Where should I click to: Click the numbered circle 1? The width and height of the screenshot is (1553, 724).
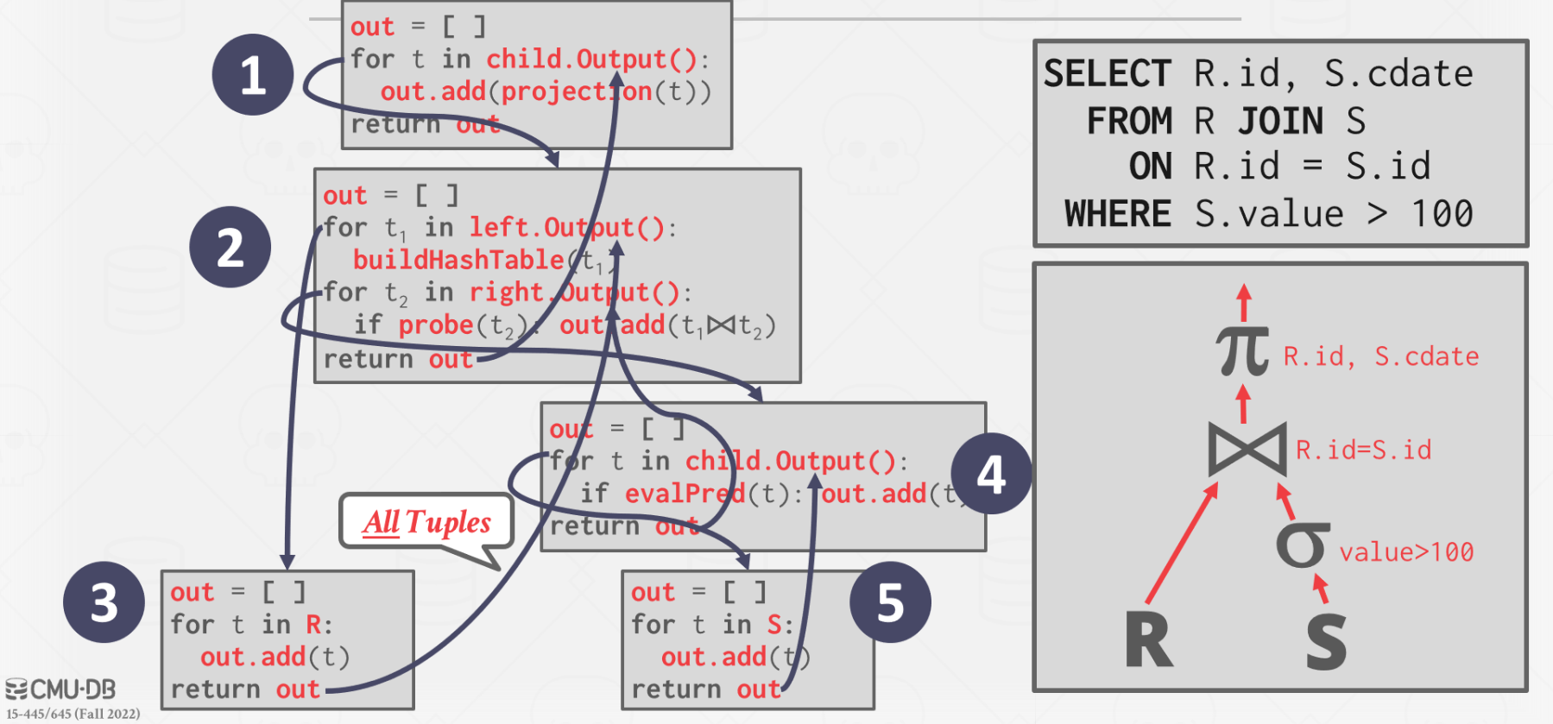click(x=252, y=75)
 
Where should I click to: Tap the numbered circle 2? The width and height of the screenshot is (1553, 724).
click(x=230, y=248)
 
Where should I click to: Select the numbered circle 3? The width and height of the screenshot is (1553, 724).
click(x=104, y=602)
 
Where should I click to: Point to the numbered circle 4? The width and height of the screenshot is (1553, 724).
click(x=990, y=474)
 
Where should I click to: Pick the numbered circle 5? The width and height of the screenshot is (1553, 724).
click(x=890, y=602)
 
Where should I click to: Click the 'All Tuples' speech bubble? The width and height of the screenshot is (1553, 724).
click(x=426, y=522)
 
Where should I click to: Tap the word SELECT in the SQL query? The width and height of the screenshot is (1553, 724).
click(x=1108, y=74)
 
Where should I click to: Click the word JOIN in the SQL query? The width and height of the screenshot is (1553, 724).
click(x=1280, y=121)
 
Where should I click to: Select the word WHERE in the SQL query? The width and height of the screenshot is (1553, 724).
click(x=1118, y=214)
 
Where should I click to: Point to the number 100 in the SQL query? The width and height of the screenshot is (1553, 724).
click(x=1442, y=214)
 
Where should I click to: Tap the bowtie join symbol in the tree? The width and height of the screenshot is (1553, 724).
click(x=1247, y=449)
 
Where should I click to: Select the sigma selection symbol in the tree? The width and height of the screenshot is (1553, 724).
click(x=1303, y=545)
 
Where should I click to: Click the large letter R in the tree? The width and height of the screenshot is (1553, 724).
click(x=1149, y=640)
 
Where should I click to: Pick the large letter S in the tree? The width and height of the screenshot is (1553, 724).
click(x=1326, y=642)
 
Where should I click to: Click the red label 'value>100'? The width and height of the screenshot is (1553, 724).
click(x=1406, y=552)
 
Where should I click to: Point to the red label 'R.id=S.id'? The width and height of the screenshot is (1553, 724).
click(x=1363, y=450)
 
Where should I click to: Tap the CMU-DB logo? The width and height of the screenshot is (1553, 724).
click(x=61, y=689)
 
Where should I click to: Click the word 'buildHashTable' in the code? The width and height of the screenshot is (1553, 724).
click(x=458, y=260)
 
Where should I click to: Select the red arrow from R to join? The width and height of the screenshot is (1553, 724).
click(x=1182, y=544)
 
